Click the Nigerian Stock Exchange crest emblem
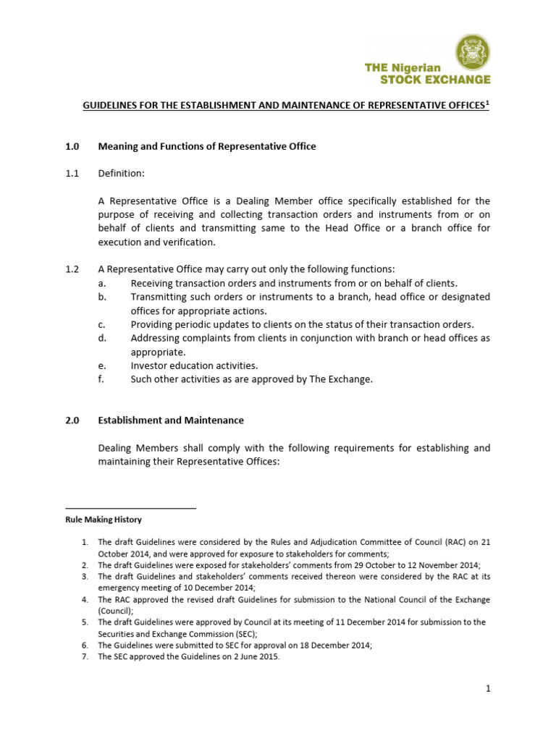pyautogui.click(x=471, y=54)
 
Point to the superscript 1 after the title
pyautogui.click(x=487, y=103)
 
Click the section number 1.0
pyautogui.click(x=72, y=146)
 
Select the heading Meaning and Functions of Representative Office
pyautogui.click(x=207, y=146)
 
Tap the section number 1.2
pyautogui.click(x=72, y=269)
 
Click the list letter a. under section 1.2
pyautogui.click(x=102, y=283)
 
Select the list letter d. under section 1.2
pyautogui.click(x=102, y=338)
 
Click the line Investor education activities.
pyautogui.click(x=194, y=365)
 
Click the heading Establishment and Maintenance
pyautogui.click(x=171, y=420)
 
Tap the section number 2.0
pyautogui.click(x=72, y=420)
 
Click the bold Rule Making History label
pyautogui.click(x=104, y=520)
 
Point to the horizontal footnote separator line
pyautogui.click(x=130, y=508)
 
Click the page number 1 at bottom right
pyautogui.click(x=488, y=690)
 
